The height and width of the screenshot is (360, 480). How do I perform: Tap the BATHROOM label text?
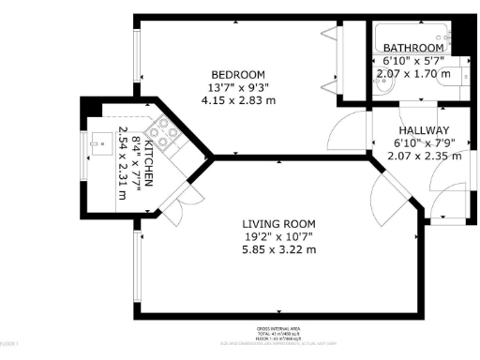pyautogui.click(x=412, y=48)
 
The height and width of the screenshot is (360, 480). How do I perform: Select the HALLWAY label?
pyautogui.click(x=424, y=130)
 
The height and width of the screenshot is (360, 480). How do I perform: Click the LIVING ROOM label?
pyautogui.click(x=278, y=223)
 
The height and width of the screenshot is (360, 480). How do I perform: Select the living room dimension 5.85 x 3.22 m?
pyautogui.click(x=278, y=249)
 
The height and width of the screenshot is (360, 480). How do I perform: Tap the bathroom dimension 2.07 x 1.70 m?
pyautogui.click(x=412, y=73)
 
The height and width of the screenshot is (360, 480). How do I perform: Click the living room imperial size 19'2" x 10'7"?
pyautogui.click(x=278, y=236)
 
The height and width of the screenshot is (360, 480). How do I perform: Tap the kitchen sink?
pyautogui.click(x=96, y=145)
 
